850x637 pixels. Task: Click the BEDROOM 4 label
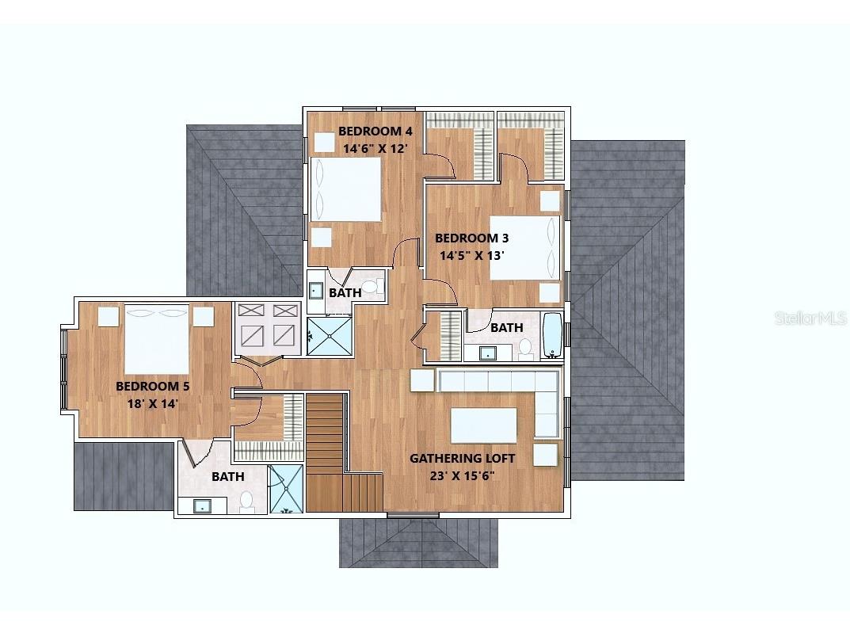[375, 132]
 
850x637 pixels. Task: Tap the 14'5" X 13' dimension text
[471, 255]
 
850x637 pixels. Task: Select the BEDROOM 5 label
[153, 387]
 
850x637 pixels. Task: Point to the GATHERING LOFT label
[463, 459]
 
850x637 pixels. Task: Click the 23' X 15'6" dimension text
[463, 476]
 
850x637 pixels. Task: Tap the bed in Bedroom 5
[157, 339]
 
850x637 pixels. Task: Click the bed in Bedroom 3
[524, 248]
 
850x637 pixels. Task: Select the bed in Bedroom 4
[346, 189]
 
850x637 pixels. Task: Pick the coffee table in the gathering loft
[483, 425]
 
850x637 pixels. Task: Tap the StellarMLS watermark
[810, 318]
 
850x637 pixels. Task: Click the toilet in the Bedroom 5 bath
[246, 502]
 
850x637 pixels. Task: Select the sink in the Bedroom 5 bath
[202, 505]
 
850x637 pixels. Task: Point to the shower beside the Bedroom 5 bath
[286, 489]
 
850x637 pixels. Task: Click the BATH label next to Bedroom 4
[345, 292]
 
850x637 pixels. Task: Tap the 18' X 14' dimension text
[153, 404]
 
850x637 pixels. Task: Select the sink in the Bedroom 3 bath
[487, 353]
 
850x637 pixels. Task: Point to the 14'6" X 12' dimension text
[375, 148]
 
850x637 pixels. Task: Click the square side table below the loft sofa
[545, 455]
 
